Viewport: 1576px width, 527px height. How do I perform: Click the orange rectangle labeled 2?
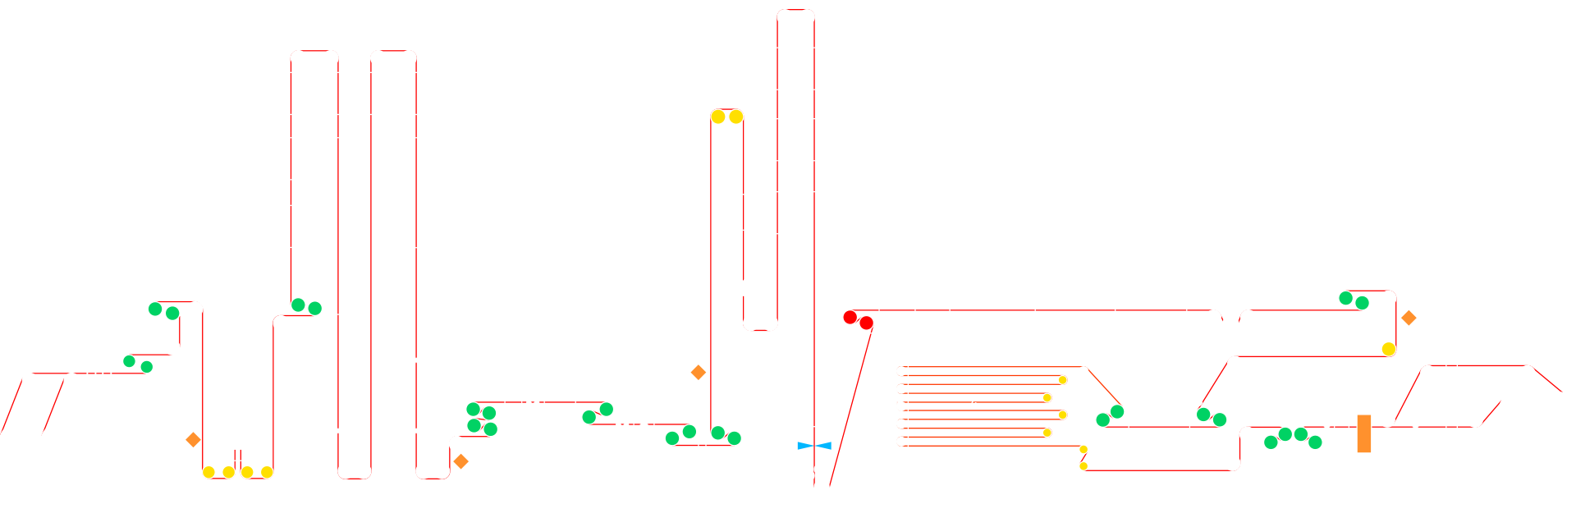(x=1363, y=433)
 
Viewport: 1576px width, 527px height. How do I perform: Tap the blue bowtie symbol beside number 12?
(x=813, y=446)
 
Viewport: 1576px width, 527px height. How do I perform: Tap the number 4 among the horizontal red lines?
(x=974, y=403)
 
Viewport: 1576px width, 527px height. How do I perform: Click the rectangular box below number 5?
(x=1158, y=427)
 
